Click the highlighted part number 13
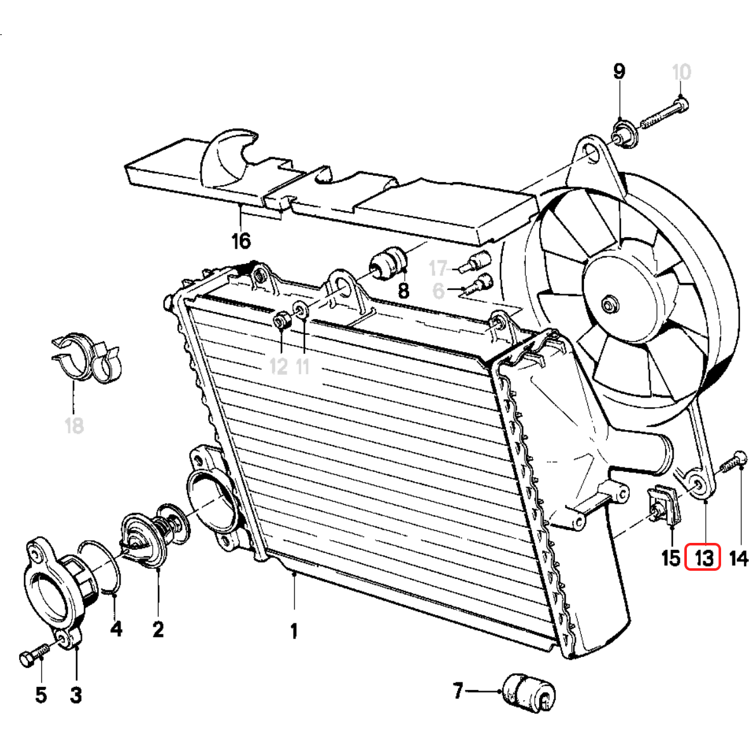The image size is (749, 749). click(x=703, y=558)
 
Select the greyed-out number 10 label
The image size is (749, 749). click(x=681, y=72)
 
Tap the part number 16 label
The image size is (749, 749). click(x=241, y=241)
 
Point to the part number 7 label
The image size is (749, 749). click(x=459, y=689)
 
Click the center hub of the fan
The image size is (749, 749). click(x=610, y=304)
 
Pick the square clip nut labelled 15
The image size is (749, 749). click(x=663, y=504)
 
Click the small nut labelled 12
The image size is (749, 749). click(x=282, y=322)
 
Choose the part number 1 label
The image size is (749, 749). click(x=294, y=631)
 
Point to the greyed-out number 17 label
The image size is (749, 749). click(x=438, y=268)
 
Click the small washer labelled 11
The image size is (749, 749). click(x=300, y=311)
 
